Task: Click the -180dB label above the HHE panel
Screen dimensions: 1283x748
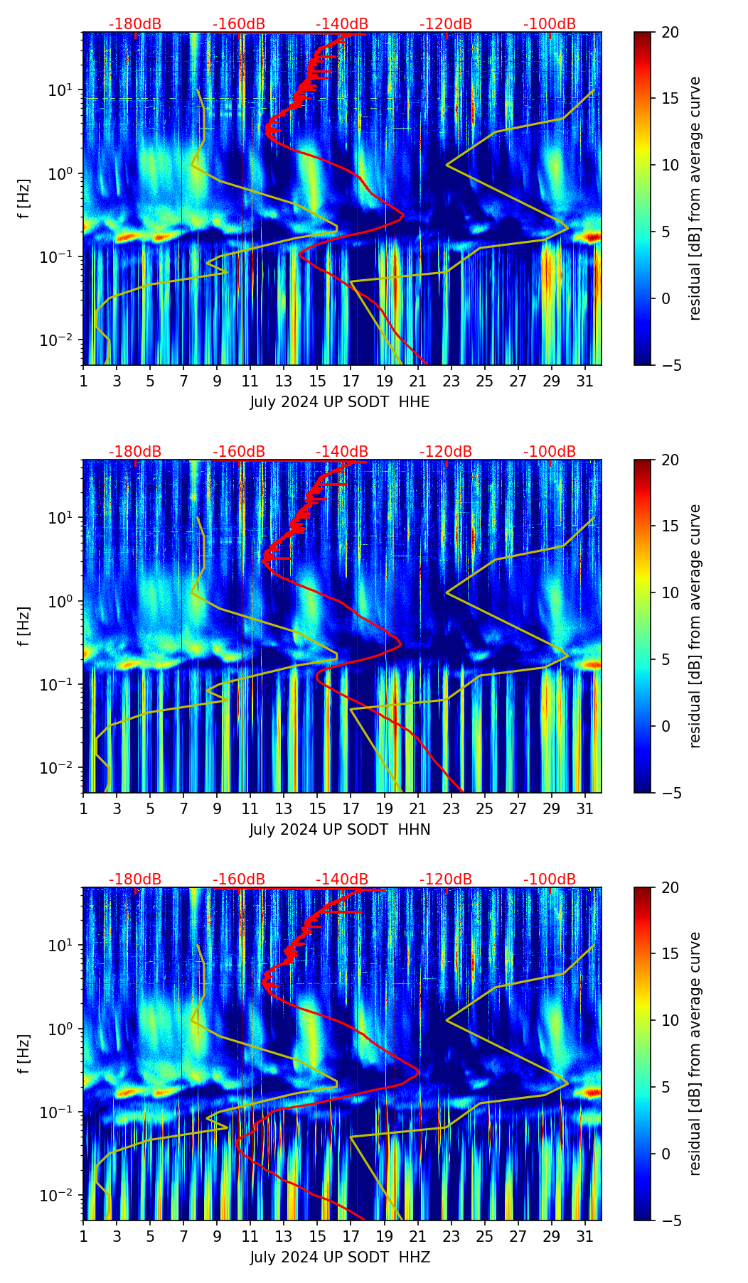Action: (135, 24)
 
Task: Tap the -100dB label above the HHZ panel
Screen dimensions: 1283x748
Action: (550, 879)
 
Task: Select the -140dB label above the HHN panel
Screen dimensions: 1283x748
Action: (342, 452)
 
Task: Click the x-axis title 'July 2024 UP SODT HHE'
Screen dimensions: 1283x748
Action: (339, 402)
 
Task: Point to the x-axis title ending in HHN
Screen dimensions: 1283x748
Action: (339, 830)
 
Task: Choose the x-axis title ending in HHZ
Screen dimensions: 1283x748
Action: (339, 1257)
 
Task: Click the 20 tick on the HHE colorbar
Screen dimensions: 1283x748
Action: (670, 32)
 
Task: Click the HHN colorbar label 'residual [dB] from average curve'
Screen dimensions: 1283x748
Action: (695, 626)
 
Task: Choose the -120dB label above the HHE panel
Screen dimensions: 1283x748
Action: (446, 24)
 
